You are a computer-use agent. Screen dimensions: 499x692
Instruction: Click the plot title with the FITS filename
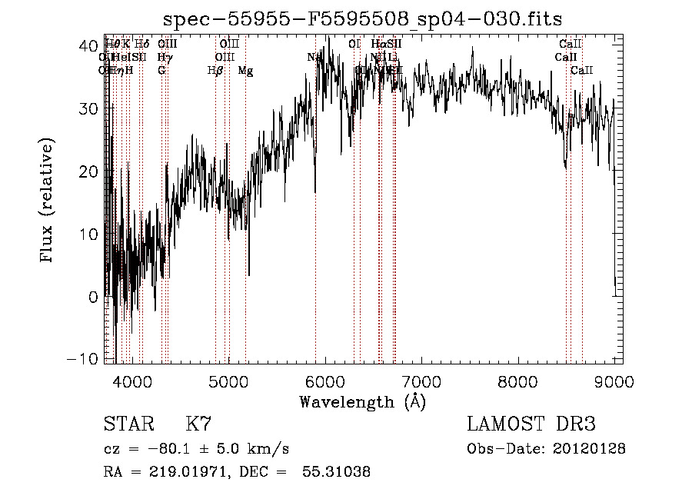pyautogui.click(x=362, y=20)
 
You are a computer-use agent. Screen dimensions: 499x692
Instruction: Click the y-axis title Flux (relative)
pyautogui.click(x=48, y=201)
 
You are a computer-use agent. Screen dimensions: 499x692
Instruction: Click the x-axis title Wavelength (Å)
pyautogui.click(x=362, y=401)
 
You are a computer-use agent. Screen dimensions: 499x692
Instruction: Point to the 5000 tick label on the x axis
pyautogui.click(x=228, y=381)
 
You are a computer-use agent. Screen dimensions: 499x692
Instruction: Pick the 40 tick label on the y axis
pyautogui.click(x=89, y=45)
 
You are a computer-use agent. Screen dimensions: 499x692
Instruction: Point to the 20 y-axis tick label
pyautogui.click(x=89, y=171)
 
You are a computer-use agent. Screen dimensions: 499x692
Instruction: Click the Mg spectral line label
pyautogui.click(x=245, y=71)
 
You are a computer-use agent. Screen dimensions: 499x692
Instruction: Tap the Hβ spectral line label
pyautogui.click(x=215, y=71)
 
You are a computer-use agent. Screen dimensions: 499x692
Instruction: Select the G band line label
pyautogui.click(x=161, y=71)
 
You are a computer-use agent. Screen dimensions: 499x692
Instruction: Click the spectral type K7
pyautogui.click(x=198, y=424)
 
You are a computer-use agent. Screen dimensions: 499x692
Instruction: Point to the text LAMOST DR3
pyautogui.click(x=531, y=424)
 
